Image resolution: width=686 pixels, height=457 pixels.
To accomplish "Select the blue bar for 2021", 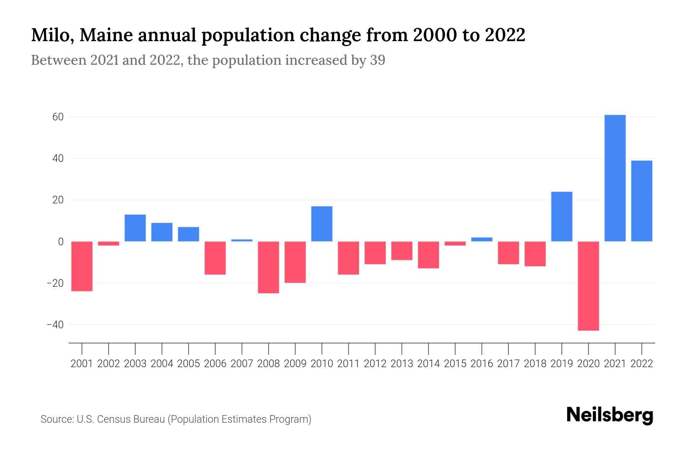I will [x=615, y=178].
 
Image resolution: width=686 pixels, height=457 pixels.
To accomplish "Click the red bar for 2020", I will [x=588, y=286].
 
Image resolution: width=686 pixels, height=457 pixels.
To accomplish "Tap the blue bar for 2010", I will [x=322, y=224].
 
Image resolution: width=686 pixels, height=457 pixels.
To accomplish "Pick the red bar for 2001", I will [x=82, y=266].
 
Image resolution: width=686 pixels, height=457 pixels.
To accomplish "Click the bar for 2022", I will [x=641, y=201].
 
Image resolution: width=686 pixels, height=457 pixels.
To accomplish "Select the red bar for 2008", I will [x=268, y=267].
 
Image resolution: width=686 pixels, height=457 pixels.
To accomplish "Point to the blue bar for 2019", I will [x=561, y=216].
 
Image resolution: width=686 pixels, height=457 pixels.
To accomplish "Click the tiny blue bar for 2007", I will [x=242, y=240].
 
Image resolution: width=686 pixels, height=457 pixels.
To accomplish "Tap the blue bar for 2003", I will [x=135, y=228].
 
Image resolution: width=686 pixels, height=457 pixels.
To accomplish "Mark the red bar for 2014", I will [x=428, y=255].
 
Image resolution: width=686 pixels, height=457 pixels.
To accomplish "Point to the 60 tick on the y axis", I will [x=58, y=117].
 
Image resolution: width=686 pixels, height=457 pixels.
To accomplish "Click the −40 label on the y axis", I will [x=55, y=325].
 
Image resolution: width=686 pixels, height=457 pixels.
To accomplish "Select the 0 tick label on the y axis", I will [x=61, y=242].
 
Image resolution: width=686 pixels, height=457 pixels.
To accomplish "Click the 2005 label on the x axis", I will [x=189, y=364].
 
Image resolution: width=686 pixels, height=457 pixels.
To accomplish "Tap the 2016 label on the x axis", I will [x=482, y=364].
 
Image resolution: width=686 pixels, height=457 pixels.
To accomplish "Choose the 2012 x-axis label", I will [x=375, y=364].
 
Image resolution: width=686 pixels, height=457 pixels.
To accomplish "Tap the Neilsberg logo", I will [x=610, y=415].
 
